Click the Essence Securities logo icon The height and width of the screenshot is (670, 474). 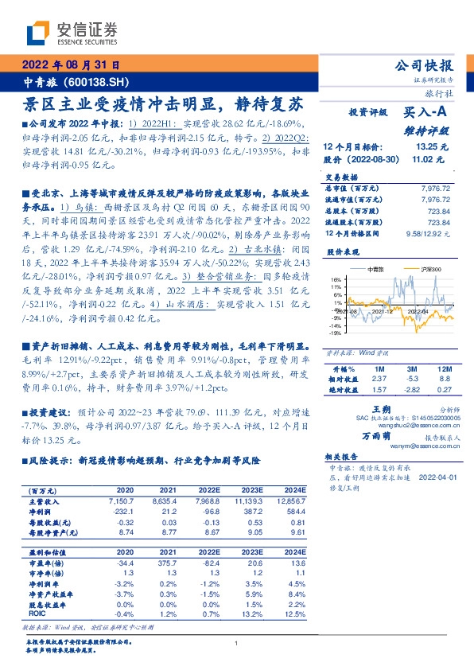tap(37, 33)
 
